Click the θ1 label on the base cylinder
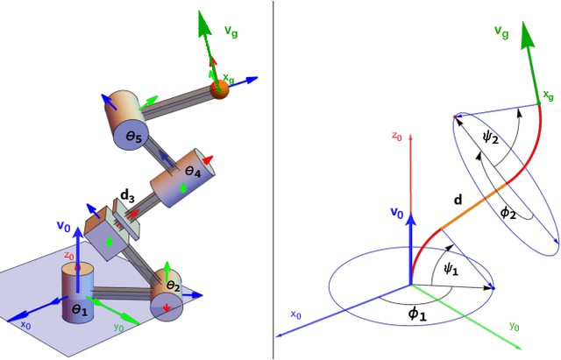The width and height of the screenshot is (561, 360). pos(80,309)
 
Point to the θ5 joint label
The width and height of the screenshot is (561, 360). pos(133,137)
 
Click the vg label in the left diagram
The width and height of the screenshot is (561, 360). pos(231,31)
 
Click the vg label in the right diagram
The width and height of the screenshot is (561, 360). pos(501,32)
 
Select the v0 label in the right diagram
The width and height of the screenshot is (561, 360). pos(396,213)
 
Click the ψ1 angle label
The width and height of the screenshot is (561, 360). pos(451,270)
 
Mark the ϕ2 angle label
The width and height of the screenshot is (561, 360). pos(508,212)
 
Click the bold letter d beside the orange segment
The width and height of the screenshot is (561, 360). pos(457,200)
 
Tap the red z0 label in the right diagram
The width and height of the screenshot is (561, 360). pos(397,137)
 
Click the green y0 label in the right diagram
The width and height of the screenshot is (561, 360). pos(515,326)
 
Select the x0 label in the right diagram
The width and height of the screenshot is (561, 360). pos(296,314)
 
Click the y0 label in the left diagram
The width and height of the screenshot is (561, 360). pos(118,327)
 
